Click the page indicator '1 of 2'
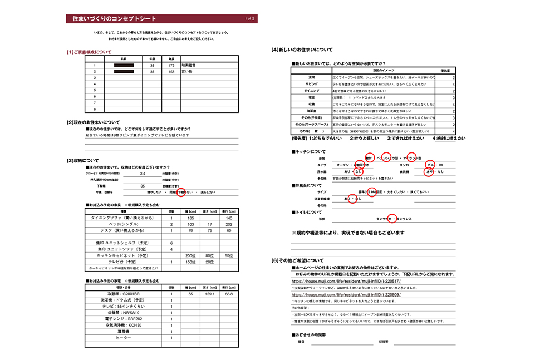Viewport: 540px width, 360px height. (x=249, y=19)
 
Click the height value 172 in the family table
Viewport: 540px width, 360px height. (x=172, y=66)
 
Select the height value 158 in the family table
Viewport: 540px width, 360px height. (x=172, y=72)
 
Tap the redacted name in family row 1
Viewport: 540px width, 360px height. (x=124, y=66)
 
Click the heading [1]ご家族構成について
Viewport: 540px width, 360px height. (x=89, y=52)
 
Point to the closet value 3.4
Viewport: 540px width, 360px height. (x=143, y=174)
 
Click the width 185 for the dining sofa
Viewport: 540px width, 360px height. (x=190, y=218)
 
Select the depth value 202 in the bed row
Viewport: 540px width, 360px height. (x=228, y=224)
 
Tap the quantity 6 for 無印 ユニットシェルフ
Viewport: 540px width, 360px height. (x=171, y=243)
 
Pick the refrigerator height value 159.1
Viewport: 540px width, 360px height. (x=209, y=293)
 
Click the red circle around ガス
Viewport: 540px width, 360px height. (x=429, y=165)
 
